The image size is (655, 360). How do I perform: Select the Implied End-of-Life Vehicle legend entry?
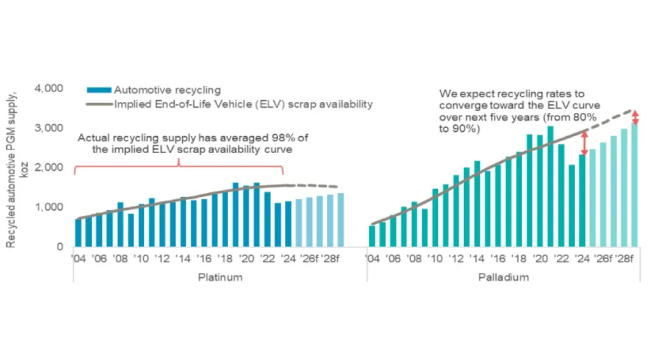pos(243,104)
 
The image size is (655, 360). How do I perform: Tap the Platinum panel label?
pos(219,278)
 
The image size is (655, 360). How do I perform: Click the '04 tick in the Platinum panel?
pos(79,259)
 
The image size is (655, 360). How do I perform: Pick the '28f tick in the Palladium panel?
pos(625,259)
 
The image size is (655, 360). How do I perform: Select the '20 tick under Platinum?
pos(246,259)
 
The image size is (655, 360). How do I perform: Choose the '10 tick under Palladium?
pos(435,259)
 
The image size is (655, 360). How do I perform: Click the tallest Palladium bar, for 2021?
pos(551,187)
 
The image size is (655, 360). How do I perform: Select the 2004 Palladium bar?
pos(372,237)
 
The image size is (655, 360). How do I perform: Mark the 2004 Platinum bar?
pos(78,233)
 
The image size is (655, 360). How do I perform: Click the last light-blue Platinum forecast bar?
pos(341,220)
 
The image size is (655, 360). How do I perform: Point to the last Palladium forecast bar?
pos(634,185)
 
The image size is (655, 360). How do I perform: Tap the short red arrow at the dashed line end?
pos(636,117)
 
